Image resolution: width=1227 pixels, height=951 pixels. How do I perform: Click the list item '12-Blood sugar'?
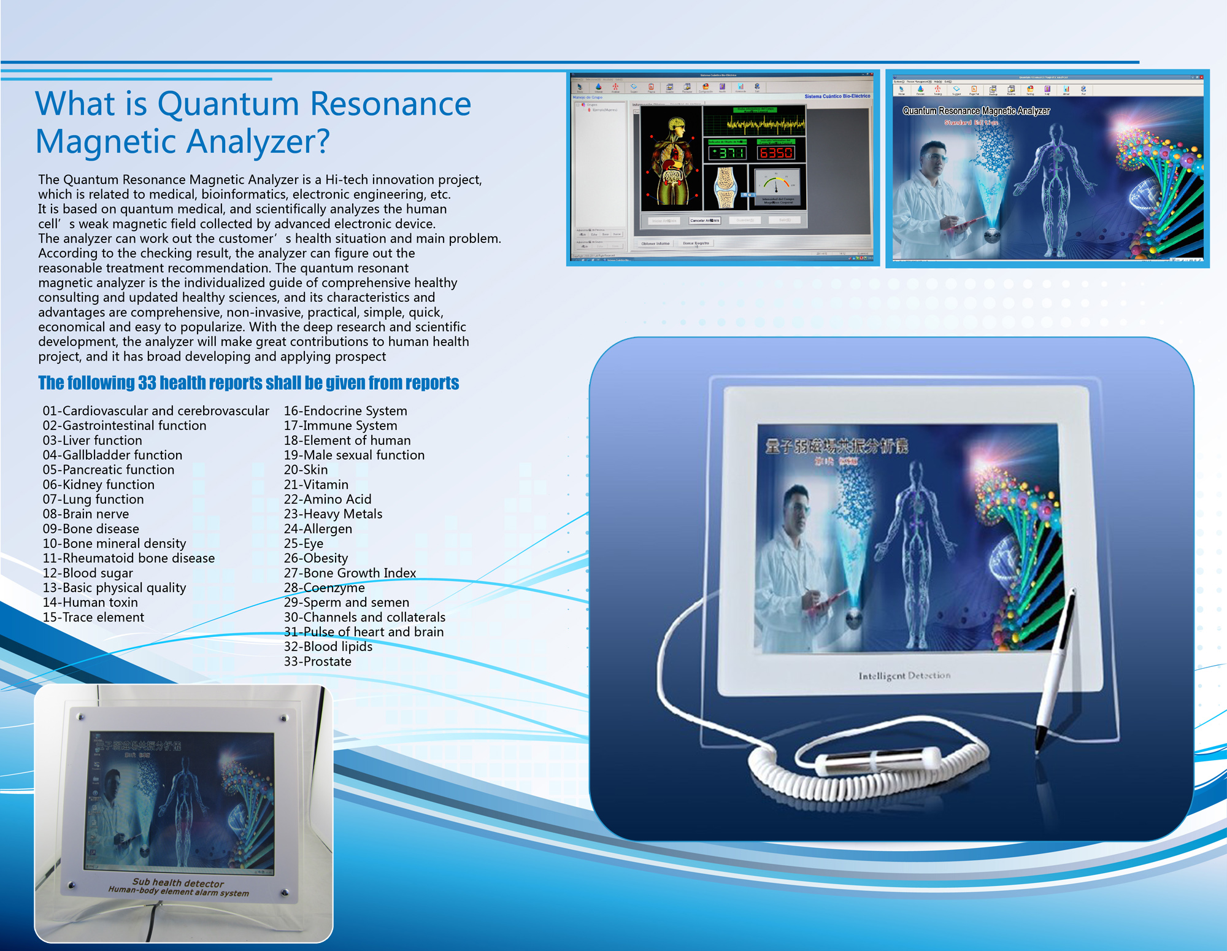[x=88, y=573]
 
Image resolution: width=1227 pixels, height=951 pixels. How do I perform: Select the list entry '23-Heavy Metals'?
[x=333, y=514]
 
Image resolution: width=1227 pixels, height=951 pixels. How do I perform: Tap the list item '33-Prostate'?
[x=318, y=661]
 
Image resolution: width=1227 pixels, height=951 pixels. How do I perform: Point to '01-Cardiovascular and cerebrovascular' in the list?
[x=156, y=411]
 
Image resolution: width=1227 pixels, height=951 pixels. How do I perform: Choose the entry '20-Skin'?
[x=306, y=470]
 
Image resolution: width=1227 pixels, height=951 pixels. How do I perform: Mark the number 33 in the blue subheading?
[x=147, y=383]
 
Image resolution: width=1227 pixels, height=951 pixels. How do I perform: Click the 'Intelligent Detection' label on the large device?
[x=904, y=676]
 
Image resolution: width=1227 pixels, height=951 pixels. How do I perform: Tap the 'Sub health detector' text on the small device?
[x=178, y=882]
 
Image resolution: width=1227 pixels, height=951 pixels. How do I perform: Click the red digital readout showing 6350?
[x=776, y=152]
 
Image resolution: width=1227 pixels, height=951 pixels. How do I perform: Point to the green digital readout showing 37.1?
[x=727, y=152]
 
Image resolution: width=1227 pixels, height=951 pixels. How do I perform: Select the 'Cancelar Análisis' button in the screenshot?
[x=704, y=220]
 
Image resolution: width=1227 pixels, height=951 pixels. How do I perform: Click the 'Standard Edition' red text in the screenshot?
[x=971, y=123]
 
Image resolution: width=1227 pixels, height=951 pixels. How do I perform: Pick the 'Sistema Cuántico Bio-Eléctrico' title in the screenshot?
[x=837, y=96]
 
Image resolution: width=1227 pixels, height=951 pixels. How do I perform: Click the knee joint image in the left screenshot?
[x=726, y=187]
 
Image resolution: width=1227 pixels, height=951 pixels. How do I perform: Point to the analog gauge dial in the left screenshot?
[x=777, y=184]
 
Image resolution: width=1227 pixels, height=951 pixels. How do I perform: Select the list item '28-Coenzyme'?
[x=324, y=588]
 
